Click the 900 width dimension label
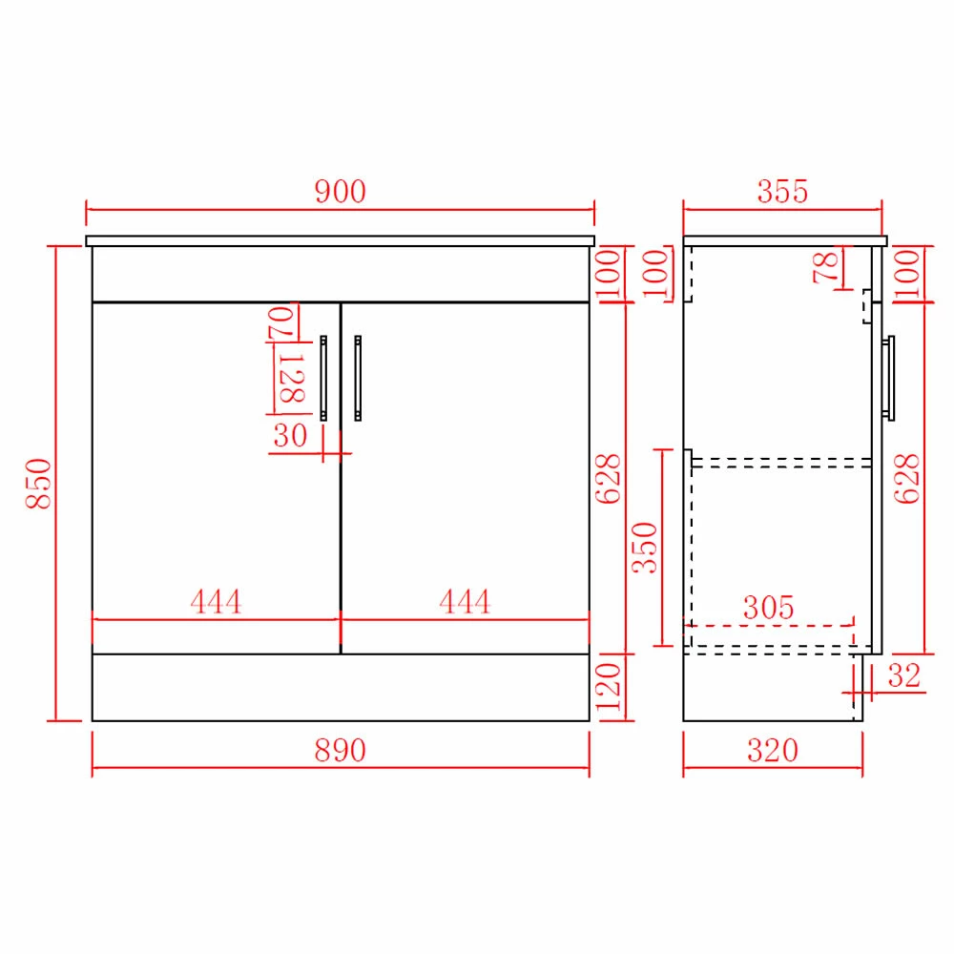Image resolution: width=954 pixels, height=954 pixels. pyautogui.click(x=341, y=191)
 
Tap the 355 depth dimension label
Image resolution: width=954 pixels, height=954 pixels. pyautogui.click(x=782, y=191)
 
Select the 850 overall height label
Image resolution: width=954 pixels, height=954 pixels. pyautogui.click(x=38, y=483)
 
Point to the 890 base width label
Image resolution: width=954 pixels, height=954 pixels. pyautogui.click(x=341, y=750)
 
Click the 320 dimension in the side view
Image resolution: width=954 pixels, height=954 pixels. pyautogui.click(x=773, y=750)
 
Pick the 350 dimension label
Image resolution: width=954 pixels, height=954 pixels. pyautogui.click(x=644, y=548)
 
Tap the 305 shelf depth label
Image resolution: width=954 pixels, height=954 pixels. pyautogui.click(x=768, y=607)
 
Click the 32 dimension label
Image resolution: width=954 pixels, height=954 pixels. pyautogui.click(x=904, y=675)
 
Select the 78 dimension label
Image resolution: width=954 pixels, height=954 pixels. pyautogui.click(x=825, y=268)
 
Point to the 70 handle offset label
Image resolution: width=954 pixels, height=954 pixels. pyautogui.click(x=281, y=322)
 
